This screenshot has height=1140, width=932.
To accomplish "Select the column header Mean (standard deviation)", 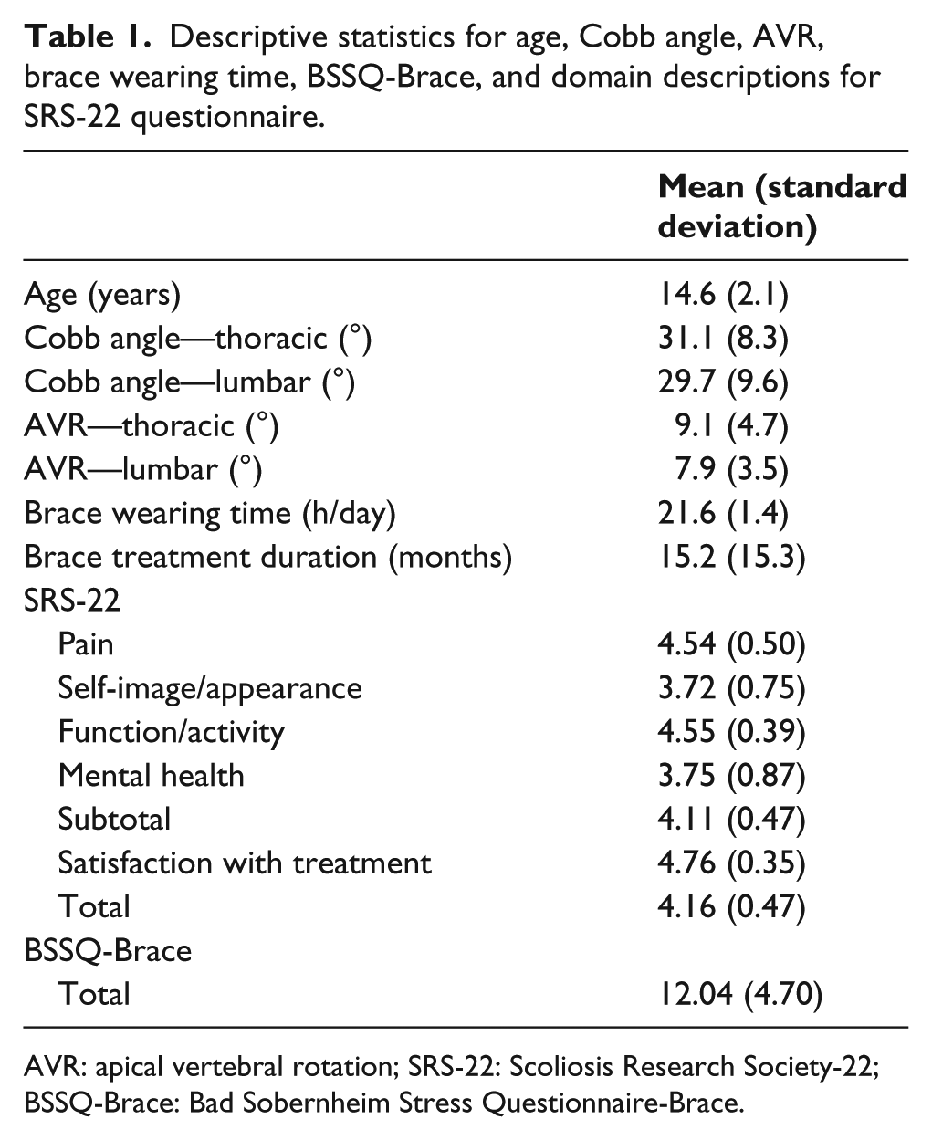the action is click(x=781, y=206).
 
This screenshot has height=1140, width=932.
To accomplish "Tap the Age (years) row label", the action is click(x=102, y=296).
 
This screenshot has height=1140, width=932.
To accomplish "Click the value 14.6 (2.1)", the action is click(x=723, y=295).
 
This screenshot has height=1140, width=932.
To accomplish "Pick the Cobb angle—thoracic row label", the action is click(x=198, y=340).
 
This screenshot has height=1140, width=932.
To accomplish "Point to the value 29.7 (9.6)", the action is click(x=723, y=382).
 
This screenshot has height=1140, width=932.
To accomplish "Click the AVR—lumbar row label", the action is click(x=143, y=470).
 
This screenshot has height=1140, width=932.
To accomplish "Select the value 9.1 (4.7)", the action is click(x=731, y=426).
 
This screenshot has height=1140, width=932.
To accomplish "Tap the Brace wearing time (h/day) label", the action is click(x=210, y=514).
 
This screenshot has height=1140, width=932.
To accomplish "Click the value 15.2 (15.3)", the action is click(x=731, y=557).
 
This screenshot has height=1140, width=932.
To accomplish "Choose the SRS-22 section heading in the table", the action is click(x=72, y=601).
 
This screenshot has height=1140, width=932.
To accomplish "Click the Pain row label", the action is click(x=86, y=644).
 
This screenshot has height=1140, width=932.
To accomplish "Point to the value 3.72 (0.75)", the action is click(x=731, y=688).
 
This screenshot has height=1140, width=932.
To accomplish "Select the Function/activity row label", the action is click(x=171, y=732).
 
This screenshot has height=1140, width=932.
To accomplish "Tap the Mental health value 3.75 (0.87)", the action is click(x=731, y=776).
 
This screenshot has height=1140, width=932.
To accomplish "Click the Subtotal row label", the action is click(x=114, y=819).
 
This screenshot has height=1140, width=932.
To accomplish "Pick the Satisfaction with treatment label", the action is click(x=245, y=863).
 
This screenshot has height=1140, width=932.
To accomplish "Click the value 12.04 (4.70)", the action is click(x=740, y=994).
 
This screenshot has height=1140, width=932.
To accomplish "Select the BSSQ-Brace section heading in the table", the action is click(x=108, y=950).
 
